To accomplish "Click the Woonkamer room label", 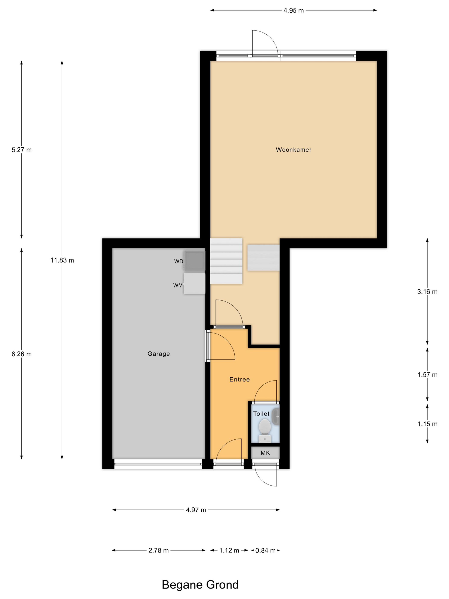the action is tap(293, 150).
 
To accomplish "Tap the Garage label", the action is tap(159, 354).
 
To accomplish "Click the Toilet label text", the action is tap(261, 414).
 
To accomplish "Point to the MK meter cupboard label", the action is tap(265, 453).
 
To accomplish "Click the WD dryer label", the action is tap(179, 261).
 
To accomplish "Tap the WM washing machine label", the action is tap(178, 285).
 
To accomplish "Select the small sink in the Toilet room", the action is tap(276, 417).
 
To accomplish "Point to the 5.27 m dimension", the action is tap(22, 150).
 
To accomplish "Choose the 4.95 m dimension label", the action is tap(294, 10).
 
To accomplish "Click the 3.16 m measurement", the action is tap(427, 292).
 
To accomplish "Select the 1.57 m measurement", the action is tap(427, 375).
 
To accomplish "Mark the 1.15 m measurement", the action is tap(427, 424).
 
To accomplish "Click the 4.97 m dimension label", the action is tap(196, 510).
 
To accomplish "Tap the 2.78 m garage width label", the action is tap(159, 550).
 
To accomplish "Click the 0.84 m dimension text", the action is tap(266, 550).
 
